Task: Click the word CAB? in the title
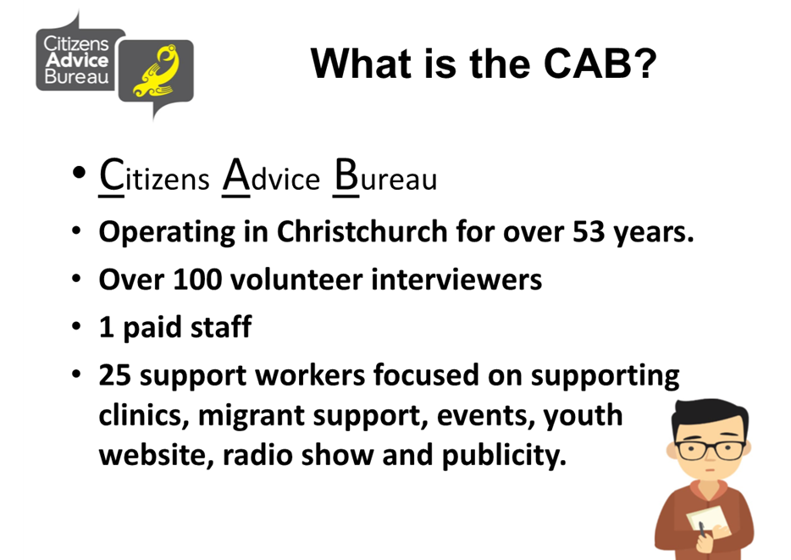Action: (x=600, y=64)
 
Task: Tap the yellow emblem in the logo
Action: (x=158, y=70)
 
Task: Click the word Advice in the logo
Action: (x=77, y=60)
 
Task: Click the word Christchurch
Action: (x=362, y=232)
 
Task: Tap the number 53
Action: (x=589, y=232)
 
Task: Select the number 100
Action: (x=197, y=280)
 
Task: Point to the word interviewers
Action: (x=456, y=279)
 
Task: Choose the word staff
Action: (x=221, y=326)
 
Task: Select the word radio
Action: (x=257, y=455)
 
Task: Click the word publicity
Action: (x=504, y=456)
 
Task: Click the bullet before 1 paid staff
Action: (x=76, y=326)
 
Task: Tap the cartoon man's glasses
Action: (x=711, y=450)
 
